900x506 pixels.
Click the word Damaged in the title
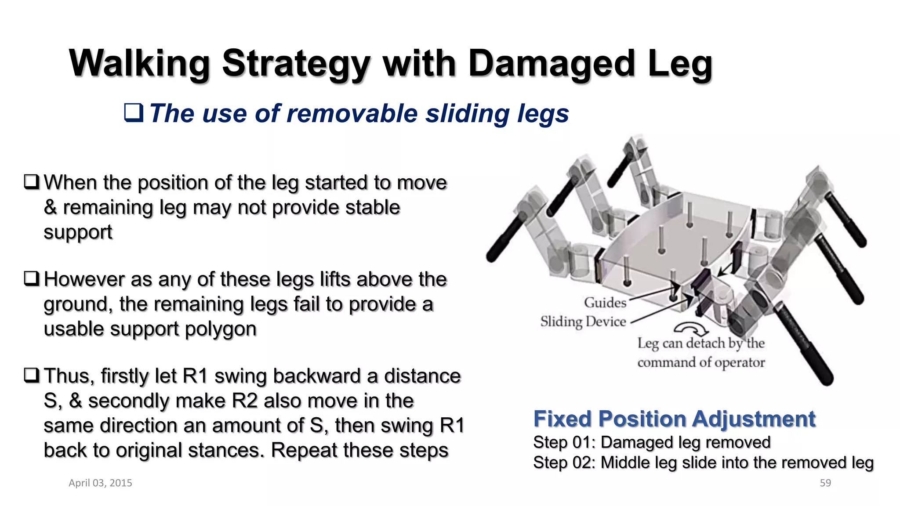[552, 64]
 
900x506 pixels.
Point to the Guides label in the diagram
[605, 302]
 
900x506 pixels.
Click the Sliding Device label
[583, 322]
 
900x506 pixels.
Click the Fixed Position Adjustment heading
[674, 419]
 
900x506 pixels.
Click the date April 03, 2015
[100, 483]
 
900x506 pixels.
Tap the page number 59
[825, 483]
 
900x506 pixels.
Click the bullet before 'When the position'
[32, 182]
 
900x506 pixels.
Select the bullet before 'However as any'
[32, 278]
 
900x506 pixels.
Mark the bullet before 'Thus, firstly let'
[32, 375]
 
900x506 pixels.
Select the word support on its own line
[78, 232]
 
